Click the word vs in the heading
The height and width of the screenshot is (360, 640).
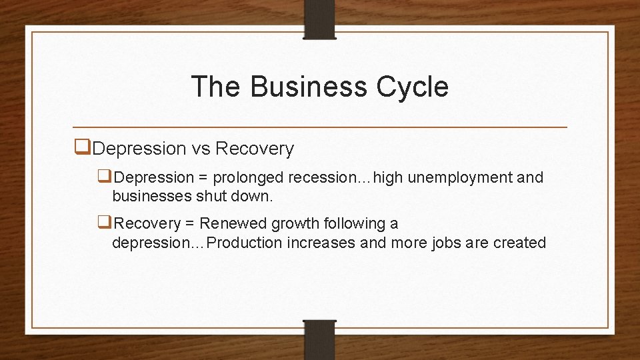pyautogui.click(x=200, y=149)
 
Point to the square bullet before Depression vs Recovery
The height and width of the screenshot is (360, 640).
pyautogui.click(x=83, y=148)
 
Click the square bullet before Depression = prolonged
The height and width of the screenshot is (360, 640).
pyautogui.click(x=105, y=177)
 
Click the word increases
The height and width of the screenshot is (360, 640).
pyautogui.click(x=321, y=243)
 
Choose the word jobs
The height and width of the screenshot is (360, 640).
pyautogui.click(x=446, y=243)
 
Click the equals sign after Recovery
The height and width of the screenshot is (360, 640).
pyautogui.click(x=190, y=223)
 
